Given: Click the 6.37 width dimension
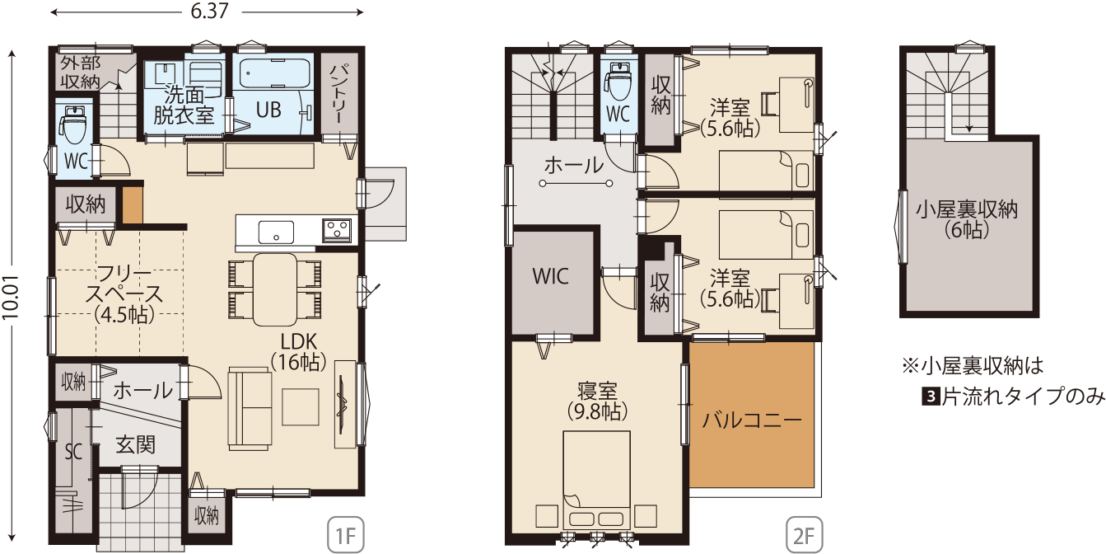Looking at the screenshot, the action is point(209,12).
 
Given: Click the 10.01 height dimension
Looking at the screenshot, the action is point(11,297).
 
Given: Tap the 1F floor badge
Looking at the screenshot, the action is point(346,534).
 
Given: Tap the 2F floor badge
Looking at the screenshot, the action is point(804,534).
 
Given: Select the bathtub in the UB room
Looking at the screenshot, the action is point(276,73).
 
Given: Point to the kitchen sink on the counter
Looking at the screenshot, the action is point(276,232).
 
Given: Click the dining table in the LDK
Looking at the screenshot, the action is point(275,289).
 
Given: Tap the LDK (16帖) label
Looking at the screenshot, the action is point(299,352).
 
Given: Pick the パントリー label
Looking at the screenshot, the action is point(338,94).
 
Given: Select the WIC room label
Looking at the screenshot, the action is point(551,277).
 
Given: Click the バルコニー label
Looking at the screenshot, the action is point(752,420).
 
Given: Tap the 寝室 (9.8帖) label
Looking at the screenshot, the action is point(597,401).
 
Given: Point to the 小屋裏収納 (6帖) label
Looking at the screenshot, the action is point(967,220).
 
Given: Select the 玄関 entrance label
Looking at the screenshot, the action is point(135,445).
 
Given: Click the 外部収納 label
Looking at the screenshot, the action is point(81,73).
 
